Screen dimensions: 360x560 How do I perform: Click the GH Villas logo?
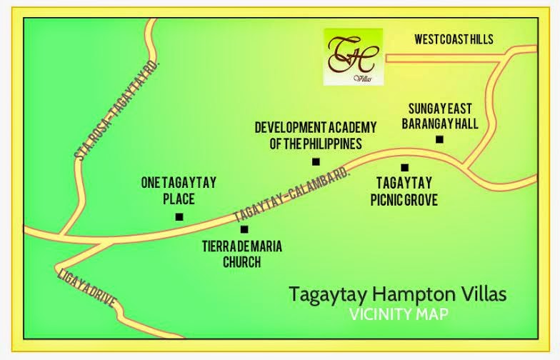point(353,56)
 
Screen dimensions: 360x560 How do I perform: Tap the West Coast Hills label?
point(454,39)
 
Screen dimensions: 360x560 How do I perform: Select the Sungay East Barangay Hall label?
point(443,115)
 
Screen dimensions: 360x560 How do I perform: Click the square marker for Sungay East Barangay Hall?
point(439,139)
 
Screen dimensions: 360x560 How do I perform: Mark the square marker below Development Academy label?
point(316,161)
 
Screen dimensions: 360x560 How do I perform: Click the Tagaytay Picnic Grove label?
point(404,191)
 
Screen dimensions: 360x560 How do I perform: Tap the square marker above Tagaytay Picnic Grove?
point(404,168)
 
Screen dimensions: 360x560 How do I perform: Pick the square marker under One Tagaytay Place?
point(179,216)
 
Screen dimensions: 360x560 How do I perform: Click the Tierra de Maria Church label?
point(241,254)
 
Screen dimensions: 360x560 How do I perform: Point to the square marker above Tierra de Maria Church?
point(244,229)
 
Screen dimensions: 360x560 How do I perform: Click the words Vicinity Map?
point(405,314)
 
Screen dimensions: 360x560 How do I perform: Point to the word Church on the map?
point(241,262)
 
